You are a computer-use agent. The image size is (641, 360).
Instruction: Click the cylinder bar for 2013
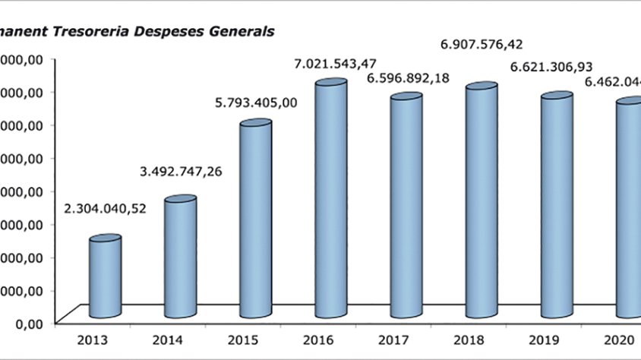tap(105, 277)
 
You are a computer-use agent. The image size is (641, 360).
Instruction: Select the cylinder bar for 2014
tap(181, 258)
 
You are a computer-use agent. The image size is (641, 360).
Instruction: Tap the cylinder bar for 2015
tap(256, 220)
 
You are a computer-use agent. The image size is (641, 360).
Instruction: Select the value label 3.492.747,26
tap(181, 171)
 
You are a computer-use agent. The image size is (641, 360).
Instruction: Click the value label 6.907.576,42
tap(482, 45)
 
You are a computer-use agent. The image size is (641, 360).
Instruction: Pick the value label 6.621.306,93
tap(552, 68)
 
